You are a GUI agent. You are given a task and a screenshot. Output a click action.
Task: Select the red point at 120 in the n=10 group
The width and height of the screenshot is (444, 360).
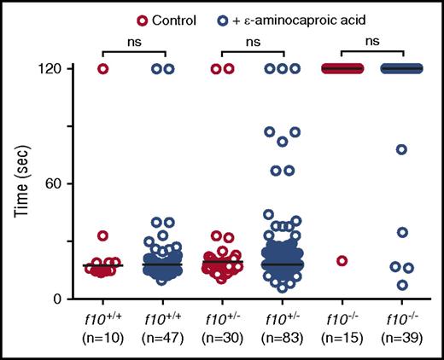103,68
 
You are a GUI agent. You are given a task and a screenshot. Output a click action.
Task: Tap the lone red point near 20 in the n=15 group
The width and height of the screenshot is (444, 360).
342,260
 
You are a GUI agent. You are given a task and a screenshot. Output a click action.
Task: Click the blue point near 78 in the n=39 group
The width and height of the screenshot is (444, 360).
402,149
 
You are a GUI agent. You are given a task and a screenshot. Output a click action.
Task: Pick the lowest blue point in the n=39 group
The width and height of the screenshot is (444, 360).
402,285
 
